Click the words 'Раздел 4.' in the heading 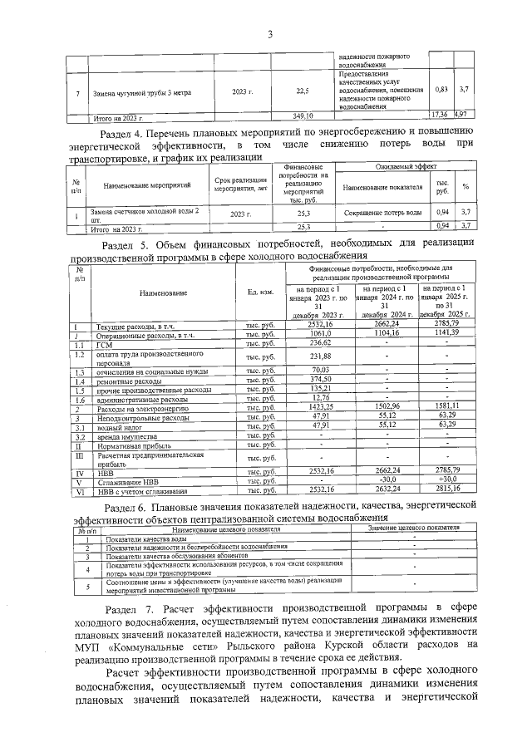click(x=122, y=130)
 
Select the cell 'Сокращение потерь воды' click(x=382, y=214)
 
